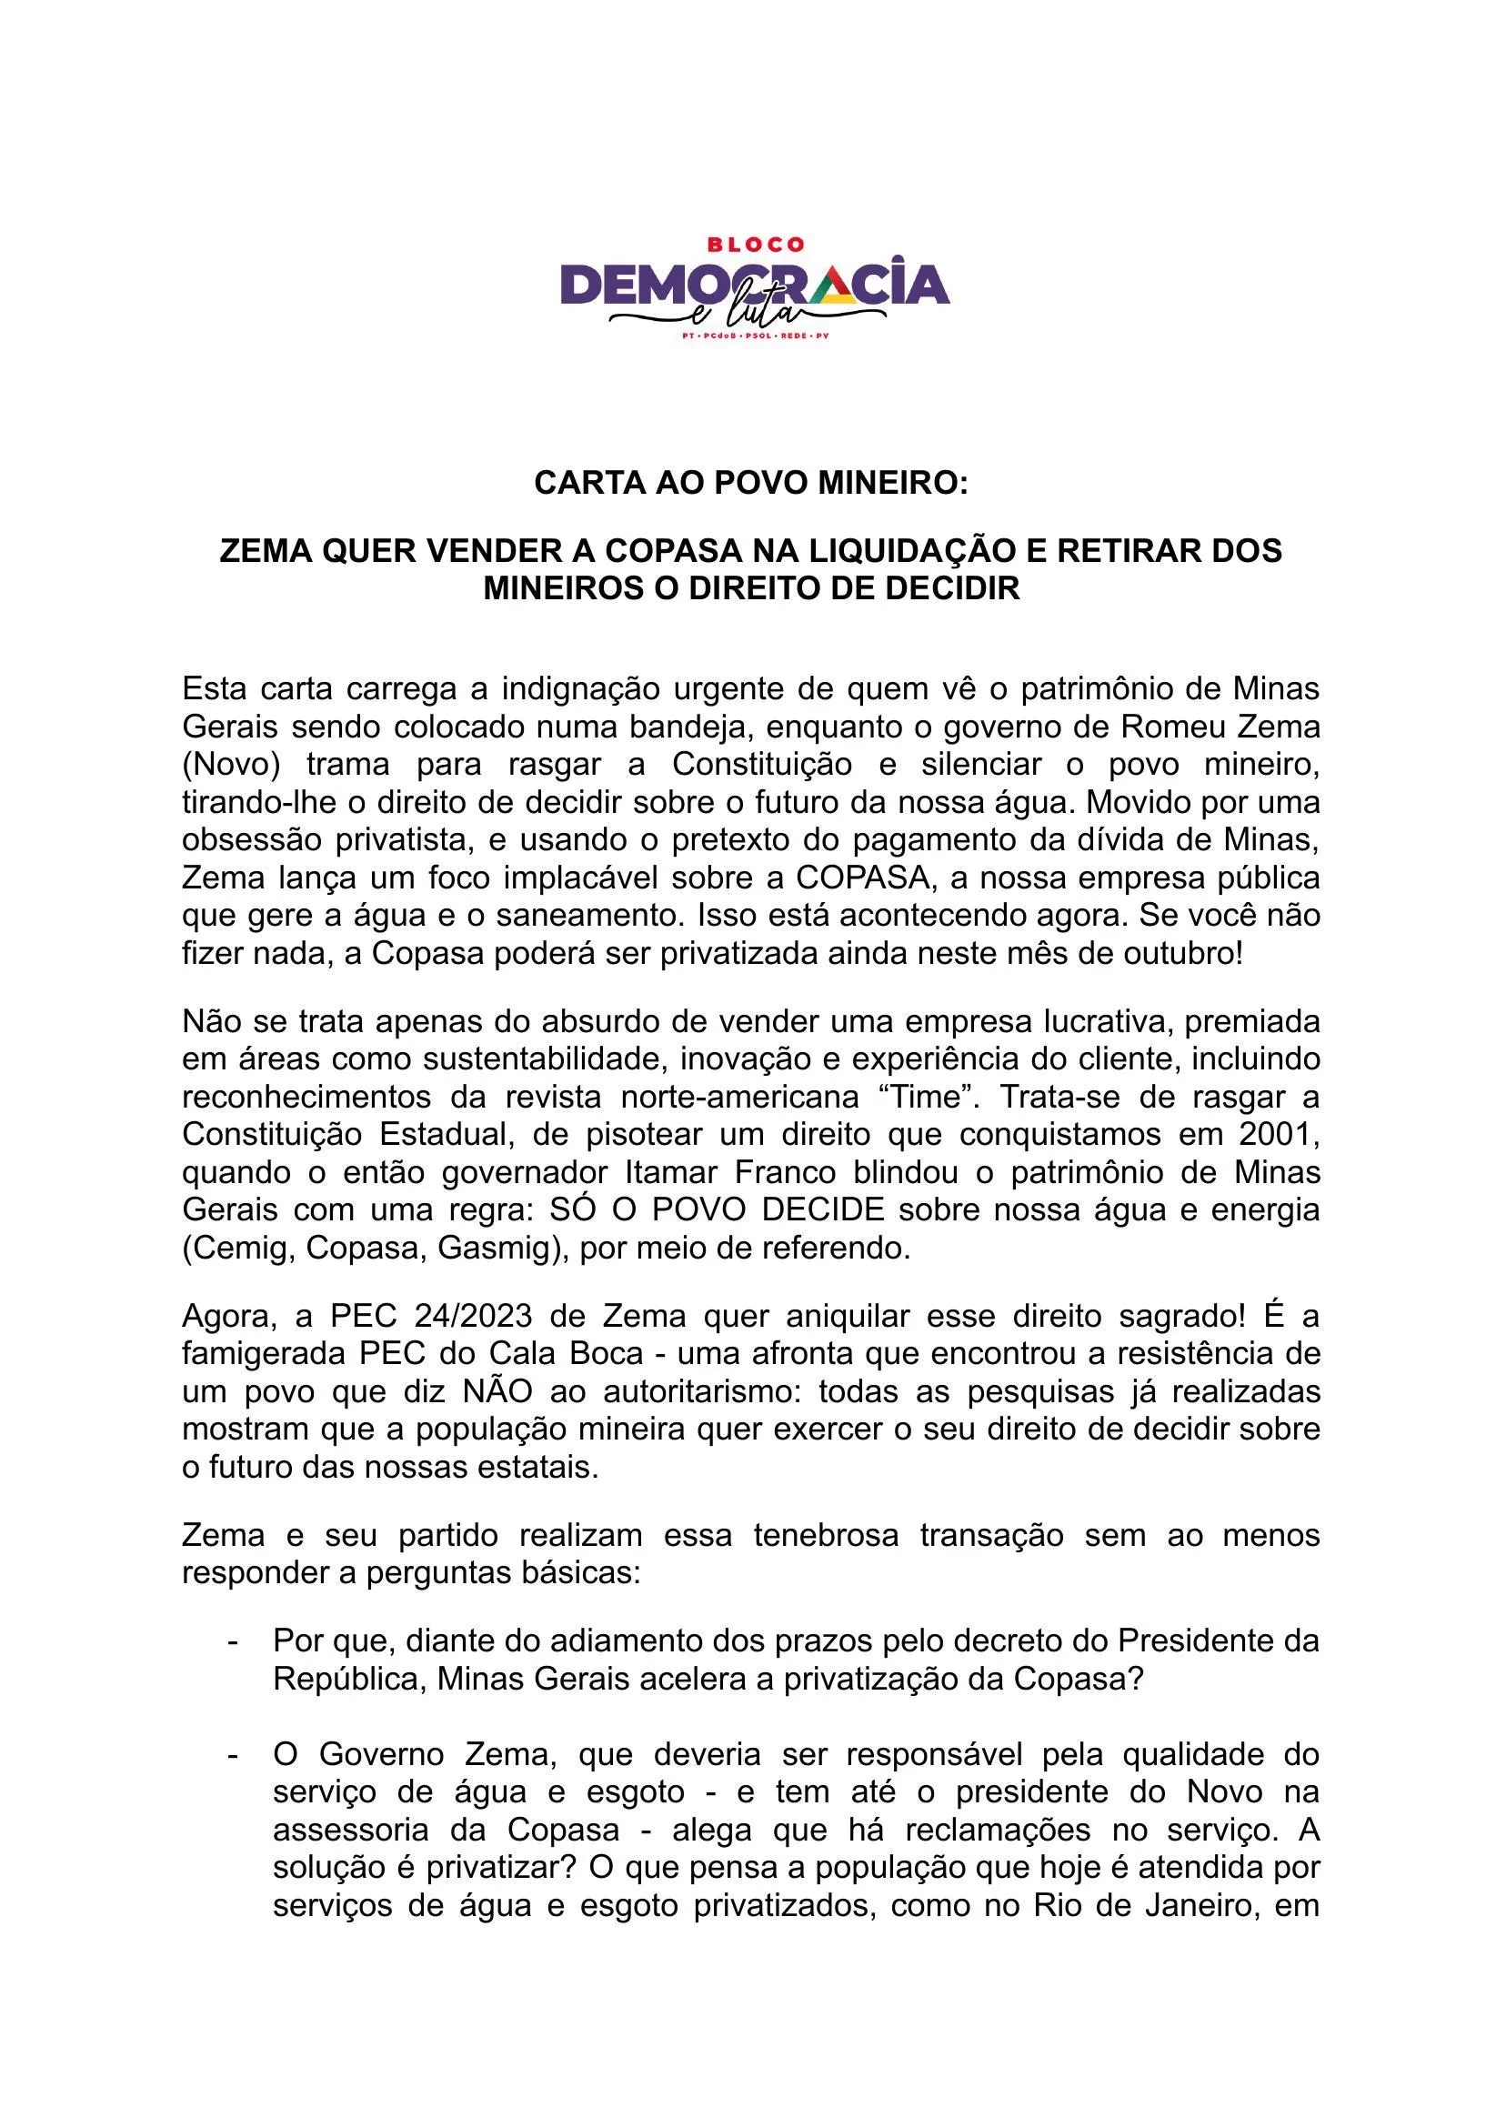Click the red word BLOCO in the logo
click(x=755, y=245)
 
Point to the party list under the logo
click(x=755, y=336)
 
